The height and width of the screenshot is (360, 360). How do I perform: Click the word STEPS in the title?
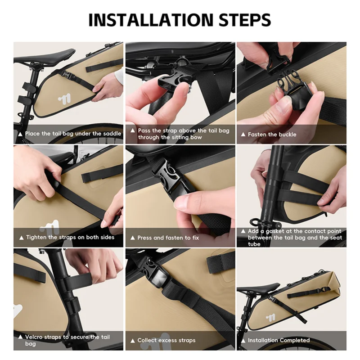pos(245,20)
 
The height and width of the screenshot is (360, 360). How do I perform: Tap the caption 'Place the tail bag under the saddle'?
pos(73,134)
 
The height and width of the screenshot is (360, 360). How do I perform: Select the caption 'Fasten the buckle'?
pos(272,134)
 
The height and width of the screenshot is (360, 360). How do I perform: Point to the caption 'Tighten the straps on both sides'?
pos(70,237)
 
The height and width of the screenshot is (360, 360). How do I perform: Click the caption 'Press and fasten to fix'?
pos(168,238)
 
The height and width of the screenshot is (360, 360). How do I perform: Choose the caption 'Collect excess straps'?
pos(166,340)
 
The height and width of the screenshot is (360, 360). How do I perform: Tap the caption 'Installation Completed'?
pos(279,340)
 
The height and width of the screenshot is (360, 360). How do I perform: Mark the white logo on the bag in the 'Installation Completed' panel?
pos(270,318)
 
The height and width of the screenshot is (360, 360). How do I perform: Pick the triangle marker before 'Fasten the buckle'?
pos(243,134)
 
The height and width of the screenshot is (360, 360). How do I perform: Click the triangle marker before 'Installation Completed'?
pos(243,341)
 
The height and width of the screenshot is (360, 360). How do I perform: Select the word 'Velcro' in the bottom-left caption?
pos(35,337)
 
